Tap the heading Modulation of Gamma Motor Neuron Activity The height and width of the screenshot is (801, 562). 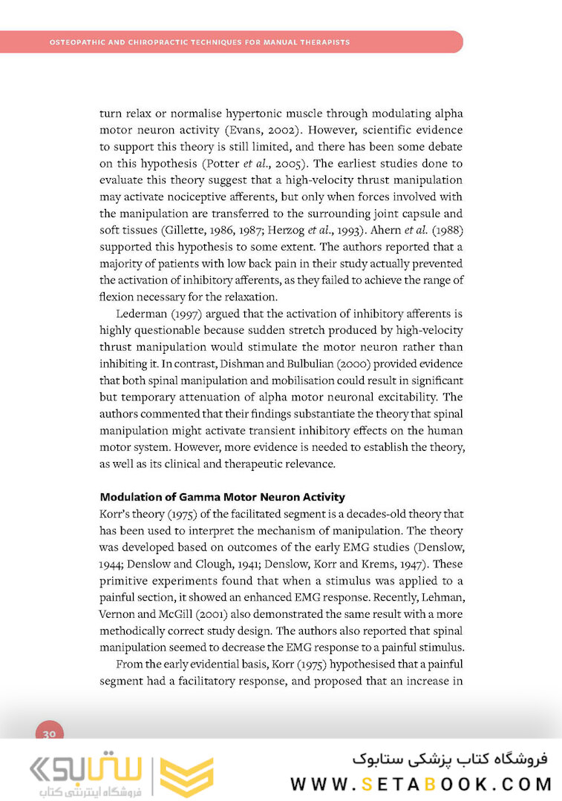pos(222,497)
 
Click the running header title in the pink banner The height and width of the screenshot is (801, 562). pos(199,42)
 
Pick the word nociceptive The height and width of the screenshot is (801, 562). pos(183,197)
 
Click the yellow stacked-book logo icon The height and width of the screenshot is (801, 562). pos(186,777)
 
